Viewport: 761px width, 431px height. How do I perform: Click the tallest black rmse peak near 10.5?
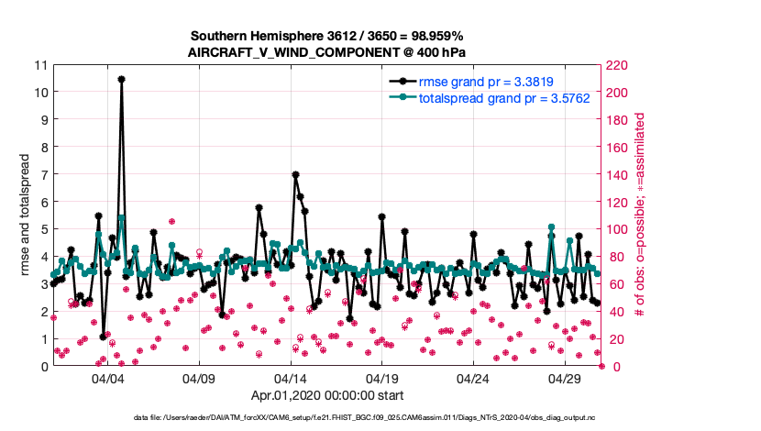tap(121, 79)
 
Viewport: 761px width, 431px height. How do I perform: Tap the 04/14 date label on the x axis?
tap(291, 378)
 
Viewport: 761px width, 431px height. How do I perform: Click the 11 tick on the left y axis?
tap(40, 65)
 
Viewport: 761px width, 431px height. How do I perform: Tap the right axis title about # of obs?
tap(641, 215)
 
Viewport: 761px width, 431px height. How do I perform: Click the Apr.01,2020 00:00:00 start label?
tap(327, 396)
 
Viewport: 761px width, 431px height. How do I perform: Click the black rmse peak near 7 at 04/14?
tap(295, 174)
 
